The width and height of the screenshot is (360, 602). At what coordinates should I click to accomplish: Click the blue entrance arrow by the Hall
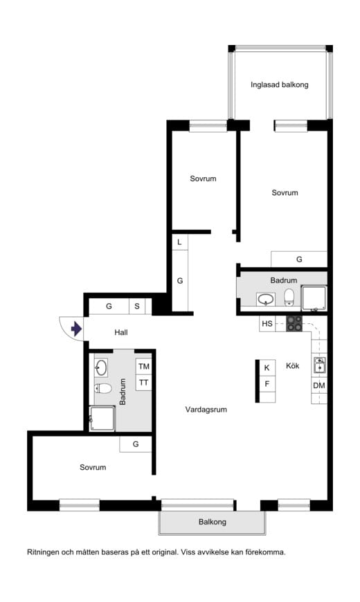[x=76, y=329]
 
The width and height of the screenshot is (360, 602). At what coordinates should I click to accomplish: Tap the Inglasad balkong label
[x=279, y=84]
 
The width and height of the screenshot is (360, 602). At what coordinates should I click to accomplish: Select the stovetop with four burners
[x=294, y=323]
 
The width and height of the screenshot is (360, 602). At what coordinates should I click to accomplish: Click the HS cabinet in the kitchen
[x=267, y=324]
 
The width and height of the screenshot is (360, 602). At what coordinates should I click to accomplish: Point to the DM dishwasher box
[x=319, y=385]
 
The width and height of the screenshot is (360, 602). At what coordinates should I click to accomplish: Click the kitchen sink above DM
[x=319, y=365]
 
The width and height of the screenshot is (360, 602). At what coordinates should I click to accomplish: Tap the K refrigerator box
[x=267, y=367]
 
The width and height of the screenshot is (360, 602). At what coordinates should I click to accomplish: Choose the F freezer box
[x=267, y=383]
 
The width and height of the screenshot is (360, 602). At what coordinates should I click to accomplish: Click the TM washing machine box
[x=144, y=366]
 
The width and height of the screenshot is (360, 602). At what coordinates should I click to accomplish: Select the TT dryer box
[x=144, y=383]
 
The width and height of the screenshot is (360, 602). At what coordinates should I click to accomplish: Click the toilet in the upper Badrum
[x=289, y=298]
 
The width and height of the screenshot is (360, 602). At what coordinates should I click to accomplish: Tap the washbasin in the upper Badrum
[x=266, y=299]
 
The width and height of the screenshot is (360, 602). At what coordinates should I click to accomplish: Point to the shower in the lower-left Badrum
[x=102, y=419]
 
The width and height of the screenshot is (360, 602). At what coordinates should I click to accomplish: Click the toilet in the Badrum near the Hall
[x=103, y=389]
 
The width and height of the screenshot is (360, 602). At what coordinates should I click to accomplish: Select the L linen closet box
[x=179, y=242]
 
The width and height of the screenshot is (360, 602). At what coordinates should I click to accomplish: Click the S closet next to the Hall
[x=137, y=307]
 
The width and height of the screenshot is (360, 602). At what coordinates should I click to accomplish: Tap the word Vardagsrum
[x=206, y=409]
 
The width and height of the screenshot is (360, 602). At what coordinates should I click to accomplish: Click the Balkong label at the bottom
[x=212, y=522]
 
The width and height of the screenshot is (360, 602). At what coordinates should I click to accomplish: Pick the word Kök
[x=292, y=365]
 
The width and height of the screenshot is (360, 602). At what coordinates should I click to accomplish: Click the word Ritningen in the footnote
[x=44, y=552]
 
